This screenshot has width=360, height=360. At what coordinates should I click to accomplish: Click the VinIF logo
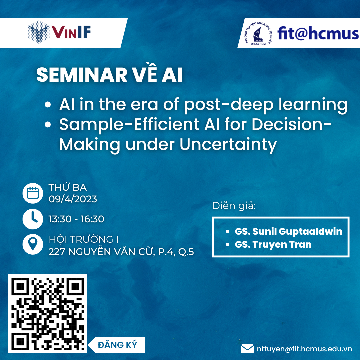(x=59, y=32)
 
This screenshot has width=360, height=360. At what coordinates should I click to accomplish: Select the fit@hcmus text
(x=318, y=34)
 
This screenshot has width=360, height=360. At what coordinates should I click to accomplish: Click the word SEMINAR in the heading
(x=82, y=75)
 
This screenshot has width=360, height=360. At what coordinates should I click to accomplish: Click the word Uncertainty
(x=228, y=145)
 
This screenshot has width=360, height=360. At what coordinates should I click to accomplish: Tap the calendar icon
(x=33, y=193)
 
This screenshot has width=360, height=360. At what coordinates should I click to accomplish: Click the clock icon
(x=33, y=219)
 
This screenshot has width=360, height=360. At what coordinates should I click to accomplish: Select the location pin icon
(x=33, y=244)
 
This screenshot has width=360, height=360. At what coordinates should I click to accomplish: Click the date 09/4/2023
(x=73, y=199)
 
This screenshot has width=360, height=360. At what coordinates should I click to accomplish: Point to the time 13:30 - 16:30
(x=76, y=219)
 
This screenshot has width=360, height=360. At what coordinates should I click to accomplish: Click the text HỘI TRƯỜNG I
(x=84, y=239)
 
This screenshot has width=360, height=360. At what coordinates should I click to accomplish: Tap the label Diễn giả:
(x=234, y=206)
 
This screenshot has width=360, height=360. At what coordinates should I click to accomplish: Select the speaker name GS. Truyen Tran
(x=273, y=245)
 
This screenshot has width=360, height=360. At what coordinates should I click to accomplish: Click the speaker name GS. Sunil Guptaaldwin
(x=288, y=232)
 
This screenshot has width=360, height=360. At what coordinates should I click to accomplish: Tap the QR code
(x=47, y=314)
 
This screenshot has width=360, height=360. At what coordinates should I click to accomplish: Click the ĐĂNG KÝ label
(x=117, y=345)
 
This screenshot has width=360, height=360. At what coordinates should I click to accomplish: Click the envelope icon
(x=247, y=349)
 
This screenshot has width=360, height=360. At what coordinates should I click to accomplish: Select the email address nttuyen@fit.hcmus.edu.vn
(x=304, y=349)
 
